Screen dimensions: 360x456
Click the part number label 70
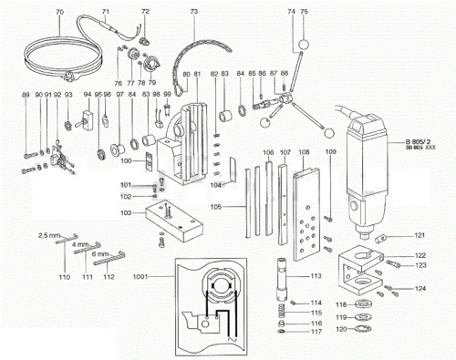pyautogui.click(x=58, y=12)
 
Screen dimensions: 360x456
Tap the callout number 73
pyautogui.click(x=193, y=12)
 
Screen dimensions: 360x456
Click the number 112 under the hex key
pyautogui.click(x=109, y=275)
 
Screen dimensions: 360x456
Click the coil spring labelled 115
pyautogui.click(x=282, y=313)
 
